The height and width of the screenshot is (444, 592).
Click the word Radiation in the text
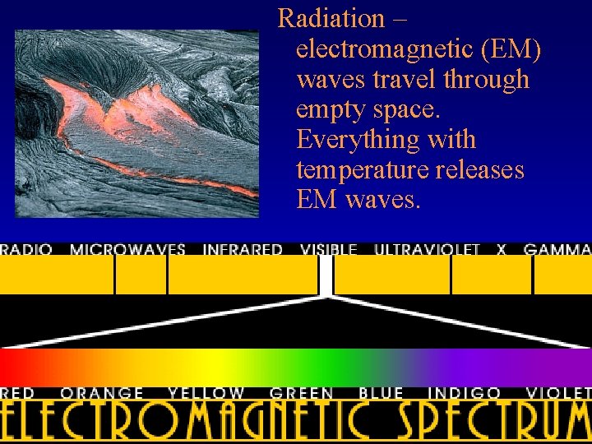pyautogui.click(x=331, y=18)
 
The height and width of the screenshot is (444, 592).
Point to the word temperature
pyautogui.click(x=362, y=169)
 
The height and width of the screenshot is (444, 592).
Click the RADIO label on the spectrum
pyautogui.click(x=26, y=249)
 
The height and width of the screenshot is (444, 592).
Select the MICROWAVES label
pyautogui.click(x=127, y=249)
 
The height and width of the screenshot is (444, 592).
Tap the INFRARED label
pyautogui.click(x=243, y=249)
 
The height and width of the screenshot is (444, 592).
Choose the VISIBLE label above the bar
pyautogui.click(x=329, y=249)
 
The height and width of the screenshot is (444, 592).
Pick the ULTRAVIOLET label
pyautogui.click(x=427, y=249)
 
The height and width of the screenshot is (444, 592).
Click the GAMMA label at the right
pyautogui.click(x=557, y=249)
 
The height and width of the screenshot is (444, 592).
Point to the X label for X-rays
pyautogui.click(x=502, y=249)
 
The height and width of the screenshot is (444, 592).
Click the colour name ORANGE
pyautogui.click(x=102, y=394)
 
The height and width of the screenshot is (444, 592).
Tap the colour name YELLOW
pyautogui.click(x=206, y=394)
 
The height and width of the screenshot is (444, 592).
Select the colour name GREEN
pyautogui.click(x=302, y=394)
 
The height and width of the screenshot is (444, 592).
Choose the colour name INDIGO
pyautogui.click(x=465, y=394)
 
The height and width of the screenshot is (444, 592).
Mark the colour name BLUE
pyautogui.click(x=381, y=394)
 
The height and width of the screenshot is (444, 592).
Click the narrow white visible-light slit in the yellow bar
pyautogui.click(x=326, y=274)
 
